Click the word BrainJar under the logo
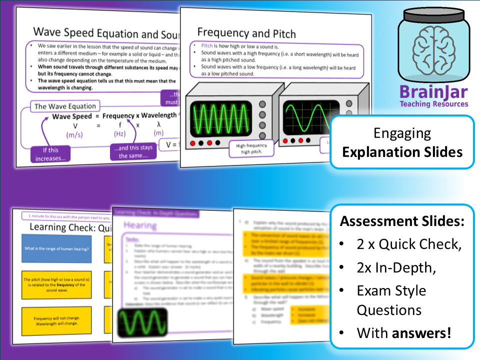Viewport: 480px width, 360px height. pos(433,92)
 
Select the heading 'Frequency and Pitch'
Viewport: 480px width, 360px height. pos(246,33)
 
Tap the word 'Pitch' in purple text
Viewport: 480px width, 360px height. pos(207,45)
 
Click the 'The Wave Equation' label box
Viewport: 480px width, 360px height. pos(64,106)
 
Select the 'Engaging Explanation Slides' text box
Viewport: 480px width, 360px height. pos(402,142)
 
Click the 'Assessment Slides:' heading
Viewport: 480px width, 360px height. pos(402,221)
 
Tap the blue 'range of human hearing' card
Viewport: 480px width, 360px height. pos(56,248)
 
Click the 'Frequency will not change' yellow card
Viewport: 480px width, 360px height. pos(56,321)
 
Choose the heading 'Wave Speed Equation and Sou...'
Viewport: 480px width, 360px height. pos(105,33)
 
